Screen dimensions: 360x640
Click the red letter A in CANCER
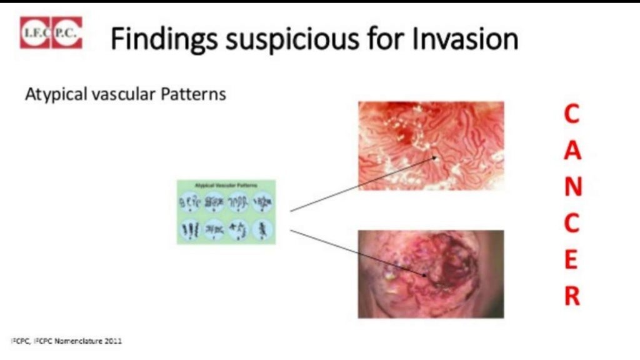point(572,151)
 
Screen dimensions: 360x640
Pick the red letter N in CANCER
point(572,187)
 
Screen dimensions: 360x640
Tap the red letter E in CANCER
point(572,261)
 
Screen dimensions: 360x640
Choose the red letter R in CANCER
point(572,297)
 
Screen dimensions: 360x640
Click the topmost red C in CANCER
point(572,114)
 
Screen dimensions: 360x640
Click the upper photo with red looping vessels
point(431,146)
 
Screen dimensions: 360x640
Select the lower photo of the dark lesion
point(431,274)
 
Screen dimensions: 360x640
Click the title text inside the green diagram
point(226,186)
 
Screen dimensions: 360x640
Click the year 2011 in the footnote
point(113,341)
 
